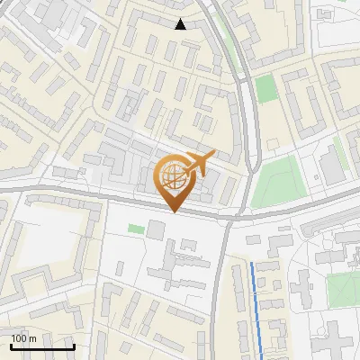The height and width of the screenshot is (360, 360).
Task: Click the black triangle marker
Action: (x=181, y=24)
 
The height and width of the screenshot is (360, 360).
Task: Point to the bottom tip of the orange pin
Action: (x=174, y=211)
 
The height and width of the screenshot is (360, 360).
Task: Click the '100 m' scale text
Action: (x=24, y=337)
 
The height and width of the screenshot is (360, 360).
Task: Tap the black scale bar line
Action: (x=42, y=346)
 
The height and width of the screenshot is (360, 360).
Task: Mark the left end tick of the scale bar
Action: (x=11, y=345)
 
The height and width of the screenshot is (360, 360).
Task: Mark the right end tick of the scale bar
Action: (x=74, y=345)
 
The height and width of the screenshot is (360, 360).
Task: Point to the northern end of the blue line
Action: (x=252, y=264)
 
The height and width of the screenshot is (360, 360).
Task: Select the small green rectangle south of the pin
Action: (x=135, y=229)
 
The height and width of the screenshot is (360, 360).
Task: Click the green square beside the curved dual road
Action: (x=265, y=89)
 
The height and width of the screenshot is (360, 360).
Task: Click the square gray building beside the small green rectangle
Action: (x=156, y=229)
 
